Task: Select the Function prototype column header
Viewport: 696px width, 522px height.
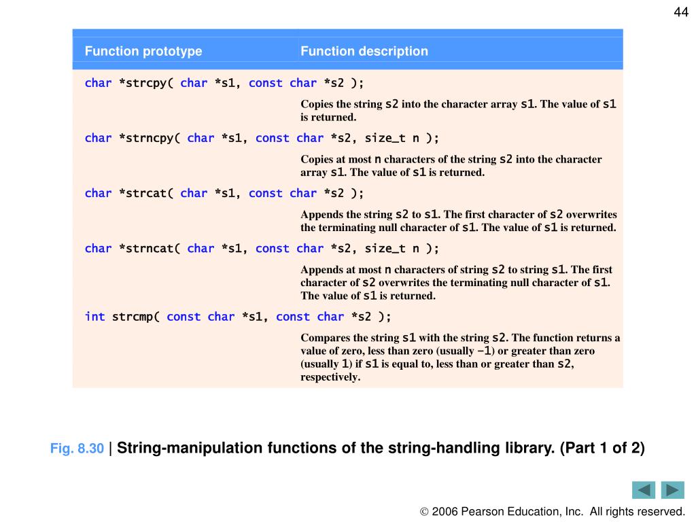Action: (143, 51)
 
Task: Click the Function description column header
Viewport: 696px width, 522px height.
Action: (364, 51)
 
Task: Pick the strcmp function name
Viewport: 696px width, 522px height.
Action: (136, 317)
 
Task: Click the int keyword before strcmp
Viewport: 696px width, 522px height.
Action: (94, 317)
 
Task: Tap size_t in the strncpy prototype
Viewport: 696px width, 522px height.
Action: (385, 138)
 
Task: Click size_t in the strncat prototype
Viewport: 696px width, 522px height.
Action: (385, 248)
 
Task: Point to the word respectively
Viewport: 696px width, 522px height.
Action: (330, 377)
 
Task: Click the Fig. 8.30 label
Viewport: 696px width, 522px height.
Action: (77, 449)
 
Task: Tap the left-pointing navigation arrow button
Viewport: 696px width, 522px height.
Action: (643, 490)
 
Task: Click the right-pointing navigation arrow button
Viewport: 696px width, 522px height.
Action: (672, 490)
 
